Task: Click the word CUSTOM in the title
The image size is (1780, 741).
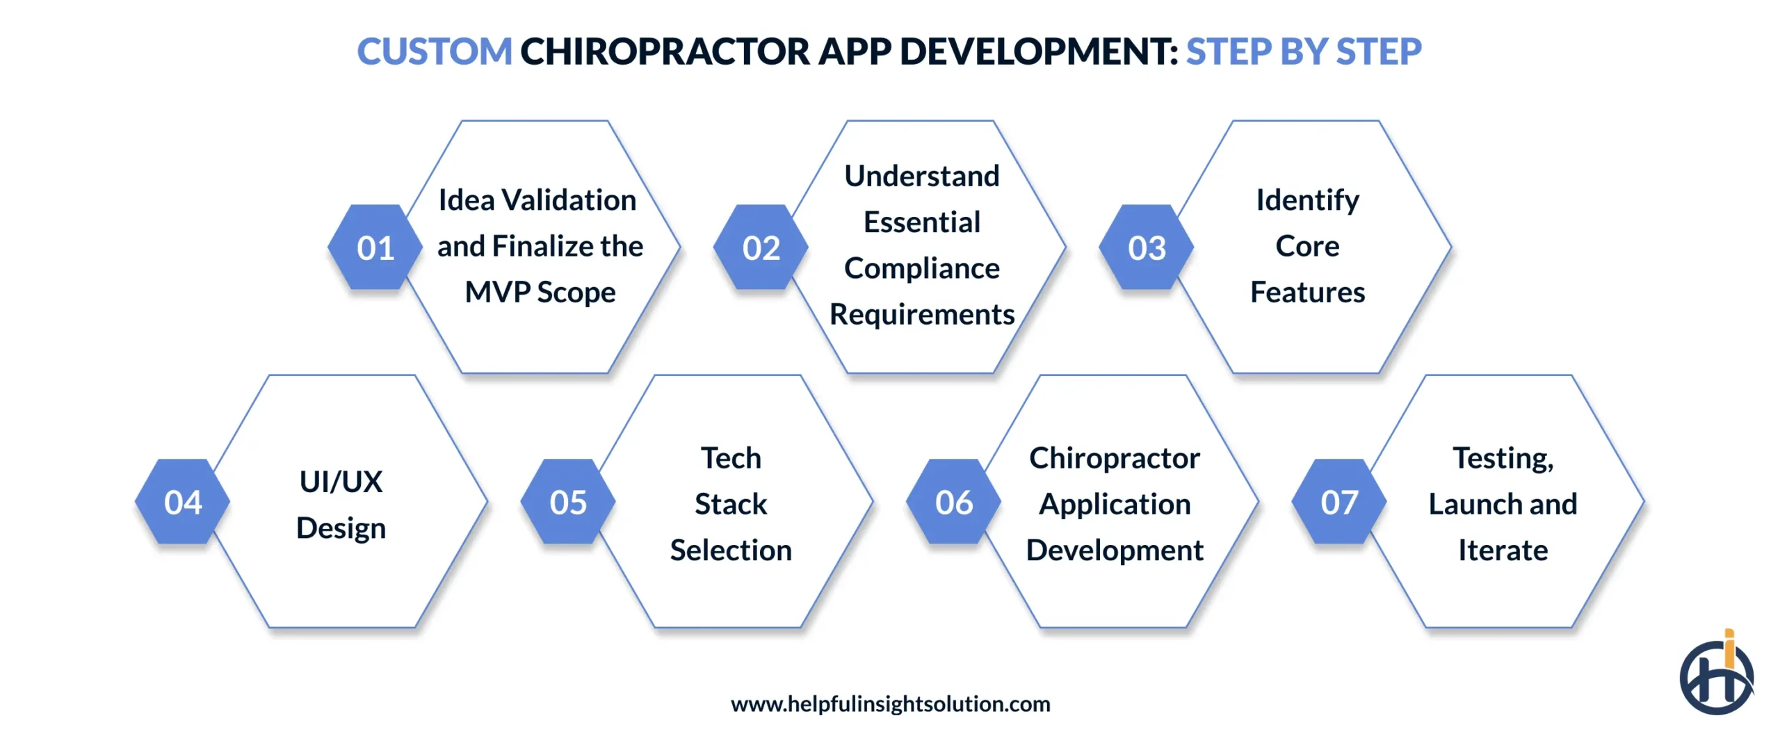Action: [434, 52]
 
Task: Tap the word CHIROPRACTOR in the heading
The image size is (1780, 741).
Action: [665, 52]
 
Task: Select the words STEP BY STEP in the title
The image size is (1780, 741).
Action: [1303, 52]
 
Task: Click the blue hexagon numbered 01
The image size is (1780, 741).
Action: [375, 247]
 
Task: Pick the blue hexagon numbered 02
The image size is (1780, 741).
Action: [761, 247]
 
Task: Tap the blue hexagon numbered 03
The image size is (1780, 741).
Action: [1147, 247]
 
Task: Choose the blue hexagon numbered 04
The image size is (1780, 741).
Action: [183, 502]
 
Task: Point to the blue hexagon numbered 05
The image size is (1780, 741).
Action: [568, 502]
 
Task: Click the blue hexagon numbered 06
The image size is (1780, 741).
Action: [953, 502]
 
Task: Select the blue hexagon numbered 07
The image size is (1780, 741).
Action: [1339, 502]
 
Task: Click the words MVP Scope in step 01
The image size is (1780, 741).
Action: [540, 293]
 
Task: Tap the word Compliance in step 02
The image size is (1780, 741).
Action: [922, 268]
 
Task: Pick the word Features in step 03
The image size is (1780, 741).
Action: [1307, 293]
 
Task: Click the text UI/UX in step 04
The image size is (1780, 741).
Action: [341, 482]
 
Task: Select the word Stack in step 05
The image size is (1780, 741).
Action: [731, 504]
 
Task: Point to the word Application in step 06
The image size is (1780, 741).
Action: [1115, 504]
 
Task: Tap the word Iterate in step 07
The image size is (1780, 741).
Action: [1503, 551]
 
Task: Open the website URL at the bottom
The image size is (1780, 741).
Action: [890, 704]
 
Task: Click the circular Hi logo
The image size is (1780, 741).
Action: [1716, 676]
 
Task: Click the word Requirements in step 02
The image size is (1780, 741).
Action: [922, 315]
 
